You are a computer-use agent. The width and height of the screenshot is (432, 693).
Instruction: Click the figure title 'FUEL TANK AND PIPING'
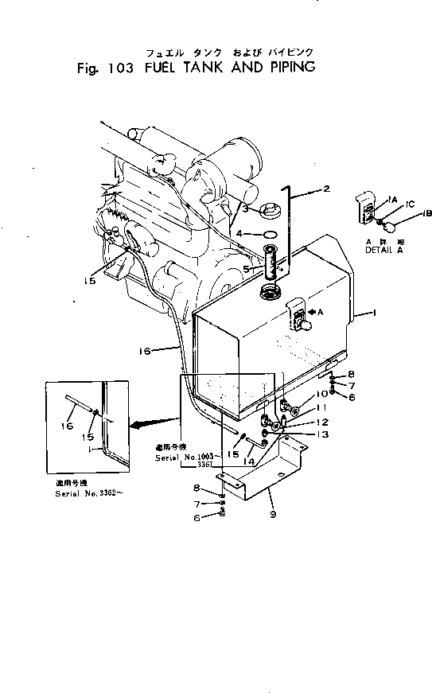pos(230,68)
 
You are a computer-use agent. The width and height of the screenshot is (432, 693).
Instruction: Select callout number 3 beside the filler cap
pos(247,208)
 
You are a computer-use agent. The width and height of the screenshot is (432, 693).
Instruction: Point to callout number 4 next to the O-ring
pos(247,233)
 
